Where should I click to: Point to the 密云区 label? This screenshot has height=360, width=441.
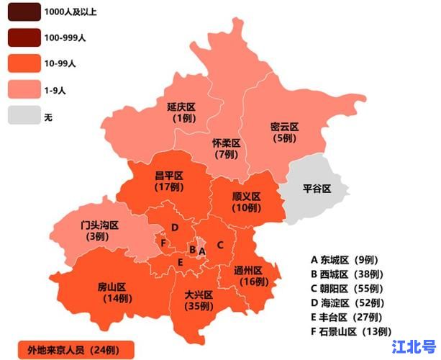[x=283, y=127]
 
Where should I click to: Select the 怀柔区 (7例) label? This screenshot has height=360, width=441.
[x=226, y=143]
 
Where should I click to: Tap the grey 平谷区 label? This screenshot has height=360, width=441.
[x=316, y=189]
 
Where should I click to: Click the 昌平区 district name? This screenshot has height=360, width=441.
[x=169, y=176]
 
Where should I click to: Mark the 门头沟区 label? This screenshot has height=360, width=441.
[x=99, y=225]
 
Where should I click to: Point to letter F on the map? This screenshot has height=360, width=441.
[x=164, y=243]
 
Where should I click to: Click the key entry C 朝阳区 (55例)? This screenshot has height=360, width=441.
[x=348, y=288]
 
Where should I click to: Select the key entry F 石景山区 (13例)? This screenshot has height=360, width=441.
[x=351, y=331]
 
